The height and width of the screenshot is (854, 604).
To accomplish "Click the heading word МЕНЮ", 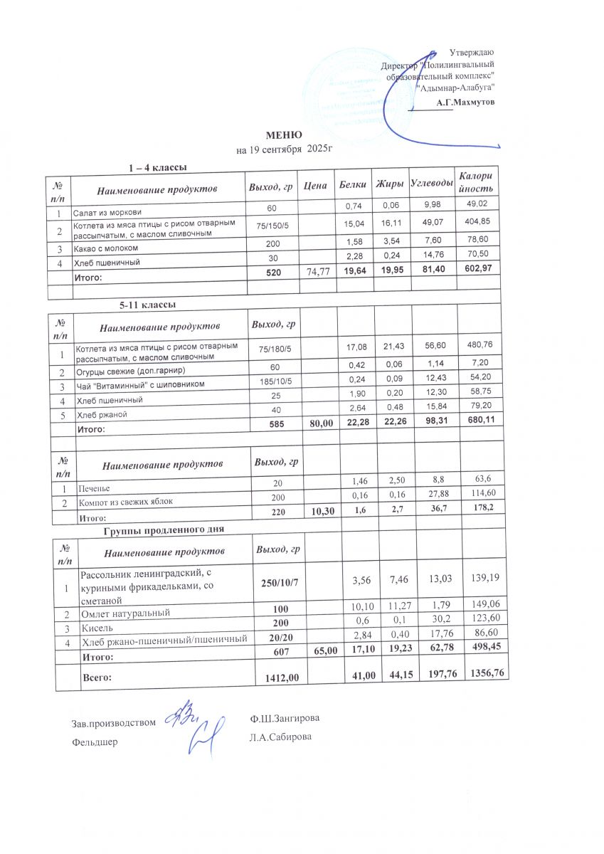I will (x=284, y=136).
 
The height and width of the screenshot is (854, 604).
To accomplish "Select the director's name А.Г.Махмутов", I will (x=466, y=102).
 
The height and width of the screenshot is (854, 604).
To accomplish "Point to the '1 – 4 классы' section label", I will (x=157, y=168).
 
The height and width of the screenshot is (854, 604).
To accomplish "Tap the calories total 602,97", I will (x=475, y=270).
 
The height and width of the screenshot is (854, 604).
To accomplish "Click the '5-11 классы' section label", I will (x=147, y=305).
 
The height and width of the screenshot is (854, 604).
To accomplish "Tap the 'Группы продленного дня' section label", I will (x=164, y=530).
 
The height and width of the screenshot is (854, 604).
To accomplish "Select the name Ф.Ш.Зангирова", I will (x=280, y=720).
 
